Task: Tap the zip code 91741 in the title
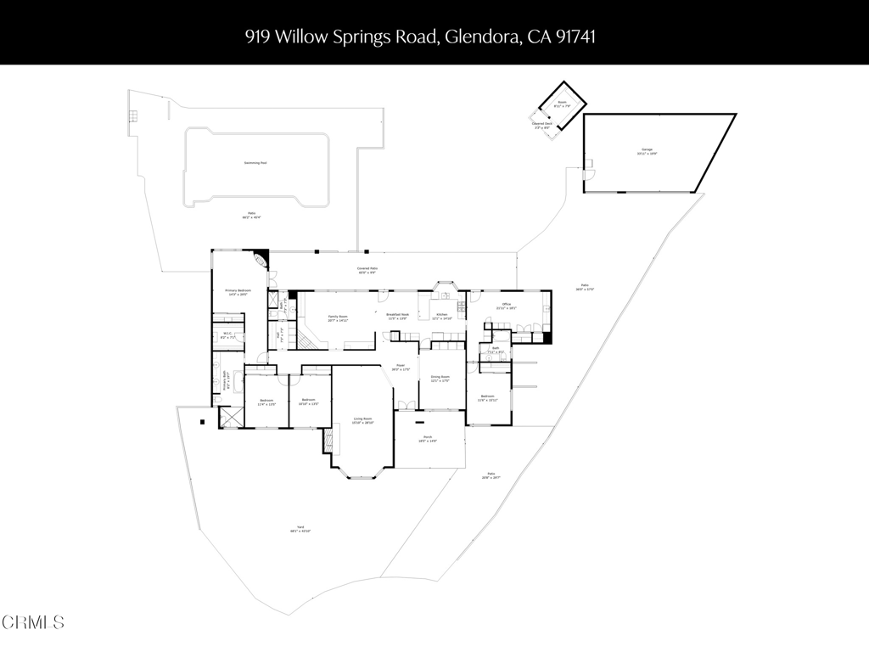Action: click(x=585, y=37)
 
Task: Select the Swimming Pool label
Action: click(x=255, y=162)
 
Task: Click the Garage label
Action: click(x=647, y=149)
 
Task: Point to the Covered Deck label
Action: click(x=542, y=124)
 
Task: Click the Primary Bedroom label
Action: click(x=236, y=291)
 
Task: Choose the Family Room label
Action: click(x=338, y=317)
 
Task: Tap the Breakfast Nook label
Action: click(x=397, y=314)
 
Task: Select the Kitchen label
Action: click(x=441, y=314)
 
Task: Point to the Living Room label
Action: click(x=362, y=419)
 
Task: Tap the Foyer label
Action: click(x=399, y=367)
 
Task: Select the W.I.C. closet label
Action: click(x=227, y=335)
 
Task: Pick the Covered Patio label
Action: click(x=367, y=268)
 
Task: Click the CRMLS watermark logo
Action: click(x=32, y=622)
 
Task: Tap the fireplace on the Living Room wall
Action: click(x=328, y=439)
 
